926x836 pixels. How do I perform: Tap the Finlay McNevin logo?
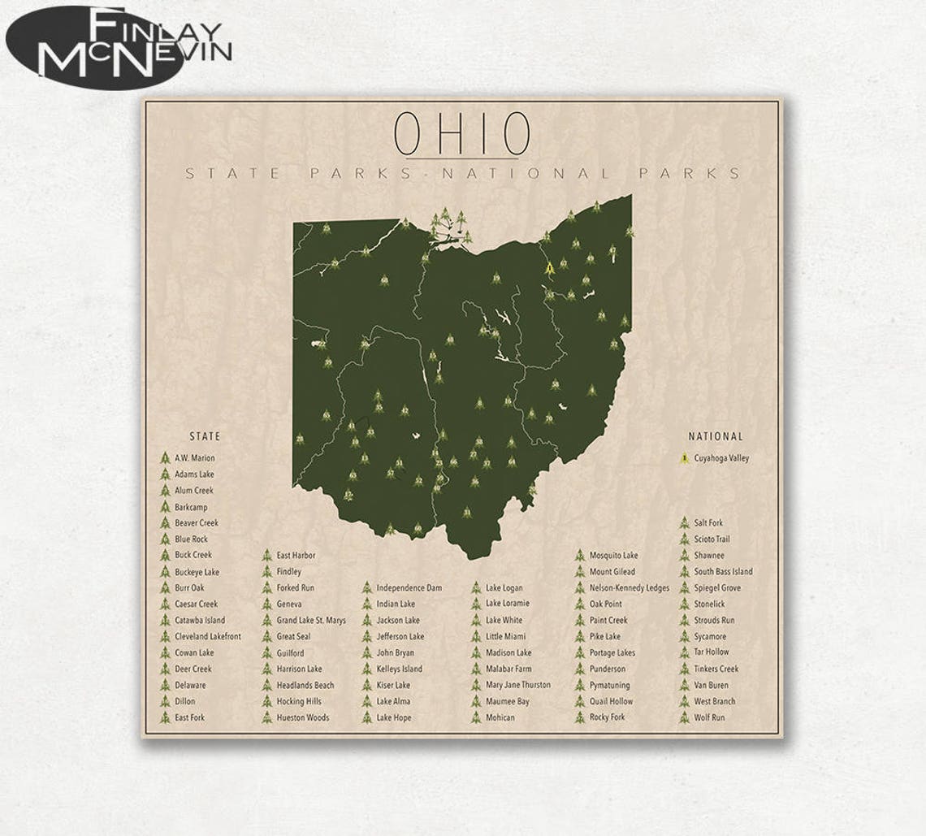pos(120,46)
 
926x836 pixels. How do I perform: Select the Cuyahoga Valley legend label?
pos(721,458)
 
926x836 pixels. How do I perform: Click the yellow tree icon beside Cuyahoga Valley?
pos(685,458)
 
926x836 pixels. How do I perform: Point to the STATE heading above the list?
pos(205,436)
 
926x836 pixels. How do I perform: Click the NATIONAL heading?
pos(716,436)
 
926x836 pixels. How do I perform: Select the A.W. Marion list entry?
pos(194,458)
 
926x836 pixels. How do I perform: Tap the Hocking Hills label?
pos(298,701)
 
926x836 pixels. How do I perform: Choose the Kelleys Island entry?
pos(399,669)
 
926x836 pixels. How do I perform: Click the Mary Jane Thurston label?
pos(517,685)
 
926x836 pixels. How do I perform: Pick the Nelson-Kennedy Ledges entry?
pos(629,587)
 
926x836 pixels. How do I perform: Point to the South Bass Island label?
pos(723,571)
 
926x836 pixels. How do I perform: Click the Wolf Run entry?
pos(709,717)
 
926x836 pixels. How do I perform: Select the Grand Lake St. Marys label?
pos(310,620)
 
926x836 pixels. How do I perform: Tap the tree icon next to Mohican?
pos(476,717)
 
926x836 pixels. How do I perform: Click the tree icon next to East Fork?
pos(165,717)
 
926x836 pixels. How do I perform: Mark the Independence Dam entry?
pos(409,587)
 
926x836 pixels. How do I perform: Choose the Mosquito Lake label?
pos(613,555)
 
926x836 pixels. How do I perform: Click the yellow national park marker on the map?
pos(550,266)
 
